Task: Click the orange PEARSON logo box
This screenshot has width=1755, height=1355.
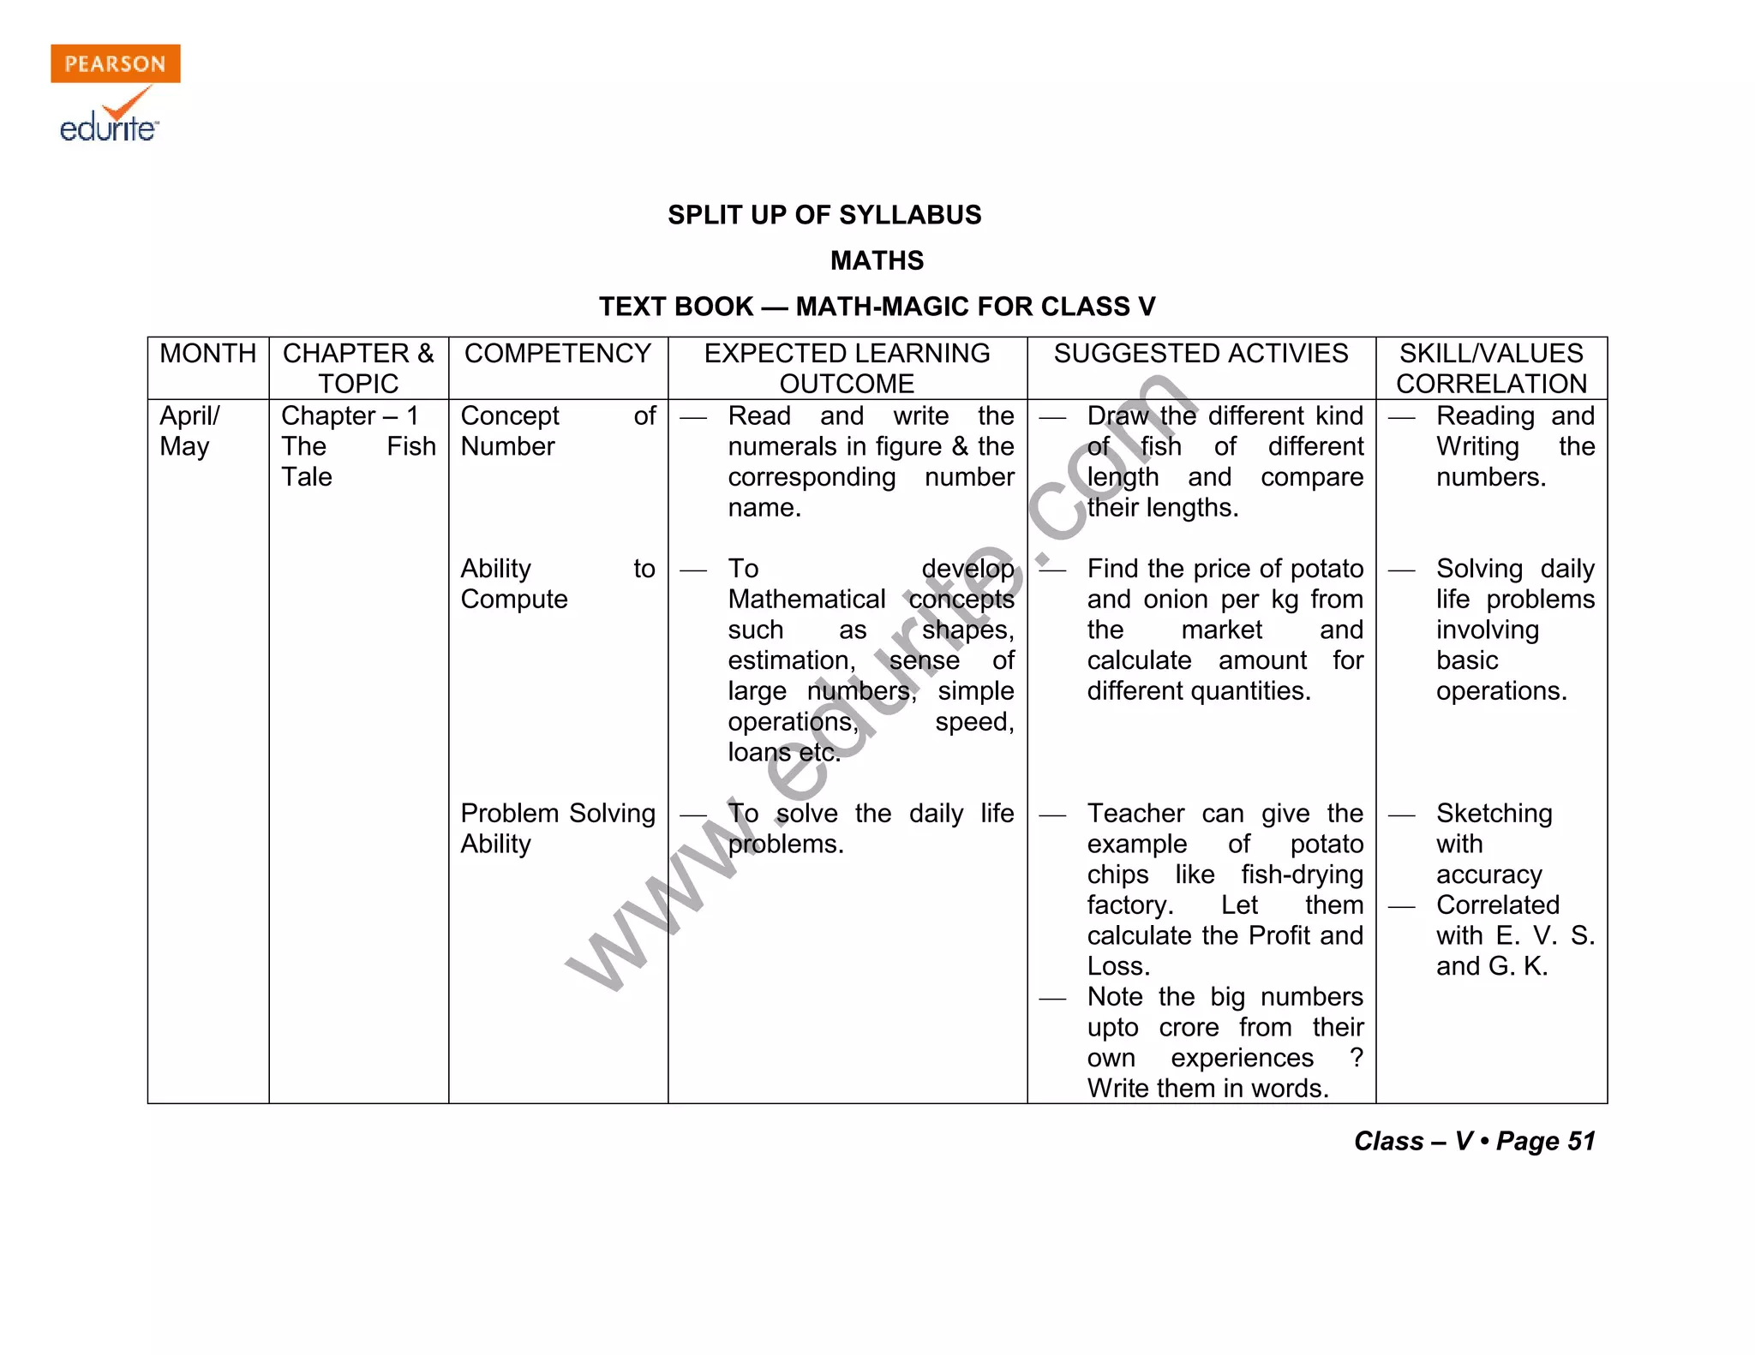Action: click(x=116, y=63)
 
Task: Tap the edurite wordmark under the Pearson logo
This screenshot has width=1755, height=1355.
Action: click(x=109, y=128)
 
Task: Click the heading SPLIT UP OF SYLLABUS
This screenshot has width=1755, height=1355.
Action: click(x=824, y=215)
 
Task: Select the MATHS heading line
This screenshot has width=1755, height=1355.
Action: click(x=877, y=260)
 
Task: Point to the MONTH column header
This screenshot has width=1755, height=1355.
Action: click(x=208, y=354)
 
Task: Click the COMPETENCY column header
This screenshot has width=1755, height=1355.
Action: click(x=558, y=354)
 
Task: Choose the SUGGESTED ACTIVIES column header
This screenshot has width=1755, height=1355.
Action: click(x=1201, y=354)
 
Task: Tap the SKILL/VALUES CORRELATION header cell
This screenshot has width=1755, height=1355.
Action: click(x=1491, y=368)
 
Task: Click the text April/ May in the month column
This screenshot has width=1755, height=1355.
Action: click(x=189, y=431)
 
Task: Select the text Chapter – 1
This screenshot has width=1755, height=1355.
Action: click(x=350, y=416)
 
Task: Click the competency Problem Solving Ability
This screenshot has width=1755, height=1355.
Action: click(x=558, y=828)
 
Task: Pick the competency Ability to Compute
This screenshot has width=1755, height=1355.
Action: click(x=558, y=583)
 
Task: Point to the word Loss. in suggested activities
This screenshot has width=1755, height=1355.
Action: click(x=1118, y=966)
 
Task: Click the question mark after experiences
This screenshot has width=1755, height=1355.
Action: click(x=1356, y=1058)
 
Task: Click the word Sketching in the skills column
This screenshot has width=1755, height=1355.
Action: click(x=1494, y=814)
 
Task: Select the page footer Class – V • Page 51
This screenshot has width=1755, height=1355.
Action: click(x=1474, y=1141)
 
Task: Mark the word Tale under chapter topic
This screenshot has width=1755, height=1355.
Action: click(x=307, y=477)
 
